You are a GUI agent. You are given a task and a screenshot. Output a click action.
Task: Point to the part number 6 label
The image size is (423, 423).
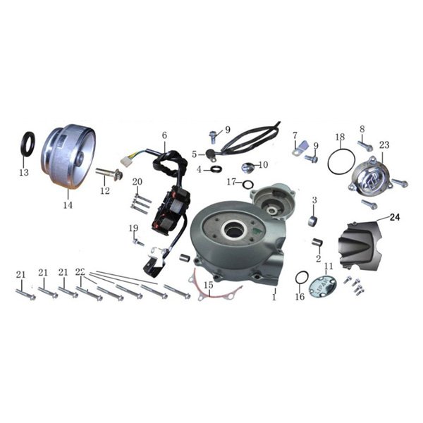[x=164, y=135]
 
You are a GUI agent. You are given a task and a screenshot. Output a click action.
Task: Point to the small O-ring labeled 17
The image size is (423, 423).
[x=247, y=185]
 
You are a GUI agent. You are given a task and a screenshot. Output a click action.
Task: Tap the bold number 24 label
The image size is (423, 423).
[x=394, y=217]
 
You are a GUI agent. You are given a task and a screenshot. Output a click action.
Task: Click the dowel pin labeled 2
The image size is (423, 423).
[x=316, y=243]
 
